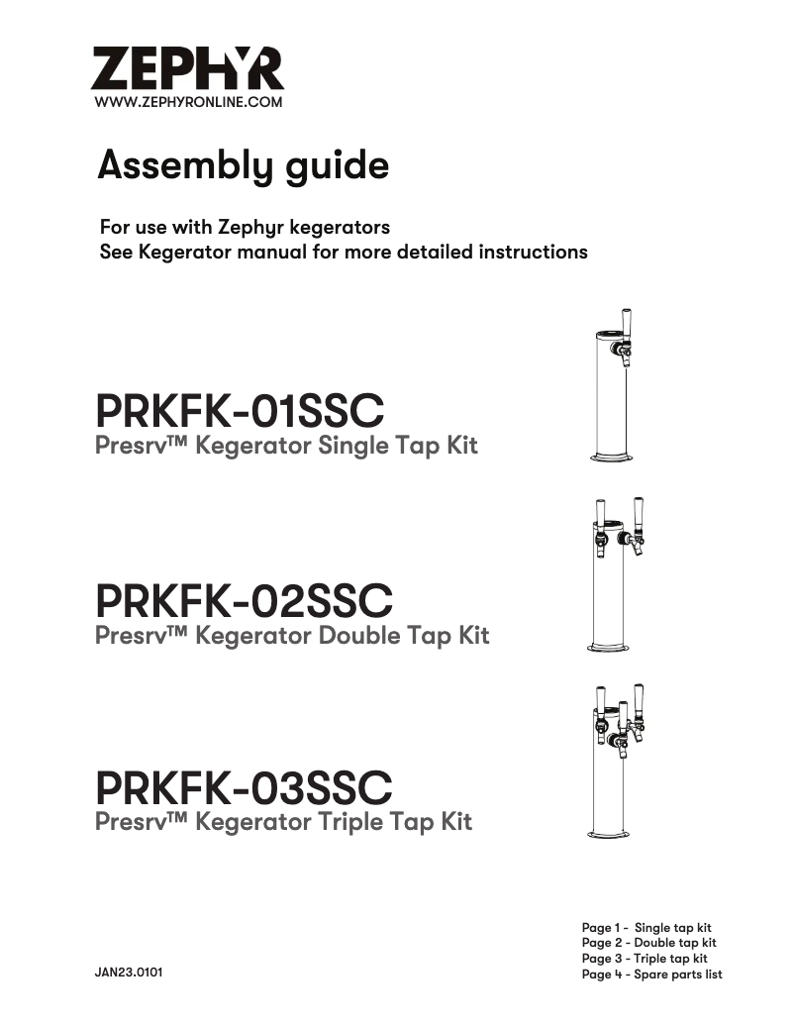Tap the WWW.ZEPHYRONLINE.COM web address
pos(188,102)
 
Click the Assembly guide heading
pos(243,165)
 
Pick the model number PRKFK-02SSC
pos(244,600)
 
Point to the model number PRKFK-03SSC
pos(244,788)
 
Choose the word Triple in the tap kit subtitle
pos(350,822)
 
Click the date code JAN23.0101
pos(129,974)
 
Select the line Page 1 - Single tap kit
pos(646,928)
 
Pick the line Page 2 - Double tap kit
pos(648,943)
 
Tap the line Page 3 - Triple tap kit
pos(645,959)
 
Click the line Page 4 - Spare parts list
pos(651,975)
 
